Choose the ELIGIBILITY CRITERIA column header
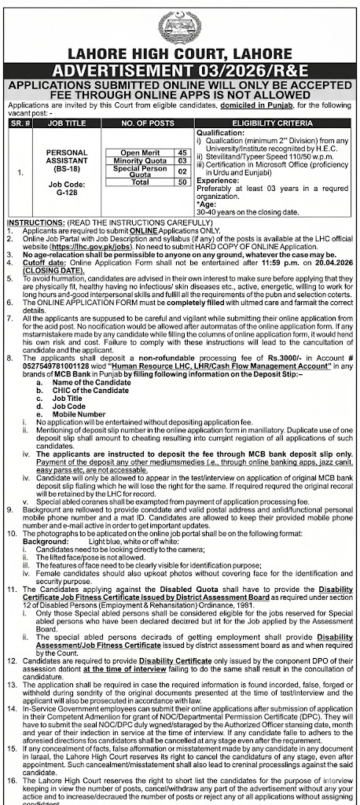[271, 123]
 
